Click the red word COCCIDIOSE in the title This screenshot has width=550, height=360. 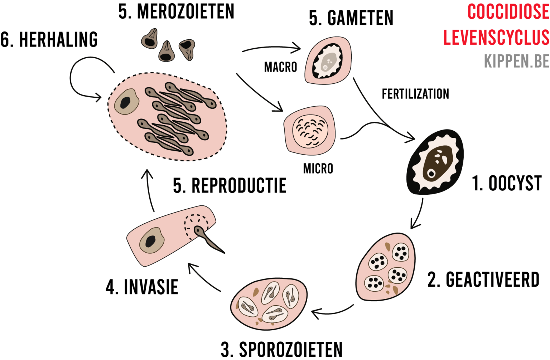point(508,12)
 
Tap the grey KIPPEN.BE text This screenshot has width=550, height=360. point(516,61)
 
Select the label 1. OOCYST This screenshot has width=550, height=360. point(506,184)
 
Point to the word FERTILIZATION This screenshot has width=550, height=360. point(415,94)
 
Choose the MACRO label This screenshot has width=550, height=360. point(280,67)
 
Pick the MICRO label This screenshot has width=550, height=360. point(318,169)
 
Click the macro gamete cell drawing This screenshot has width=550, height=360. point(328,60)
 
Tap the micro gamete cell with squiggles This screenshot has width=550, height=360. point(310,130)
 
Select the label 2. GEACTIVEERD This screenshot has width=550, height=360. point(483,280)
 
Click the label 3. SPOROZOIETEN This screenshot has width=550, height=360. point(281,350)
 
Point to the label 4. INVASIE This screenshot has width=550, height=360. point(142,287)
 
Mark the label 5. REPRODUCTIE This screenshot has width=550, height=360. point(230,186)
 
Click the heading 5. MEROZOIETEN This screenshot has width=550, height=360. point(176,11)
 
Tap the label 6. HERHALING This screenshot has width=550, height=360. point(49,39)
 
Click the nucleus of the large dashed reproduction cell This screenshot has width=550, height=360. point(126,102)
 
